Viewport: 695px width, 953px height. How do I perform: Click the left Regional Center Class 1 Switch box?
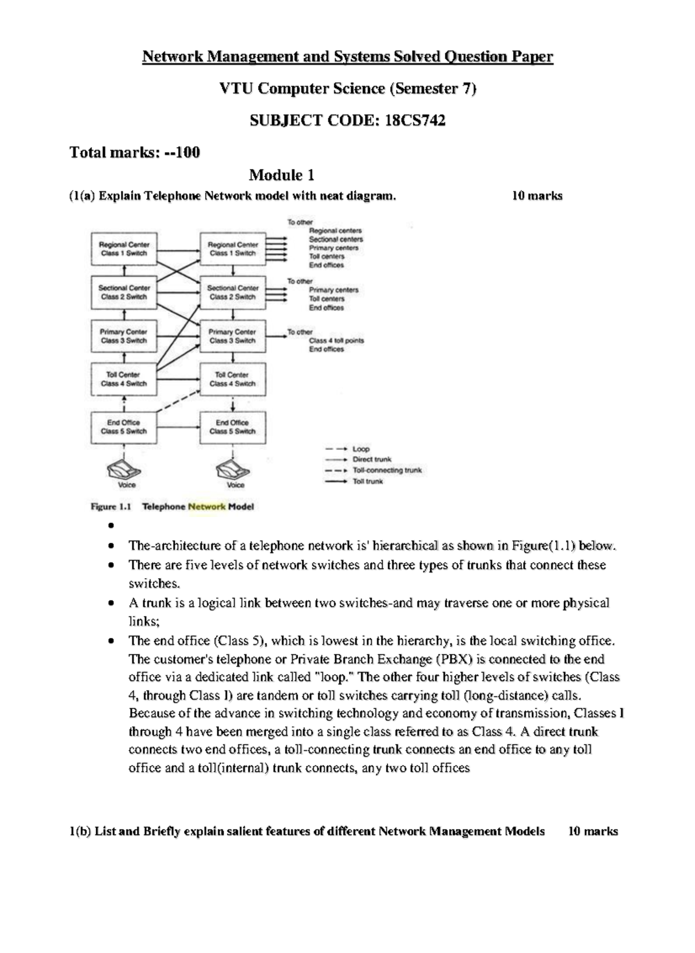[x=124, y=249]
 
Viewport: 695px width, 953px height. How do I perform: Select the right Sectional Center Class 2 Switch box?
[x=233, y=292]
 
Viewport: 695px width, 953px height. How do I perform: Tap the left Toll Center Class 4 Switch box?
[x=124, y=379]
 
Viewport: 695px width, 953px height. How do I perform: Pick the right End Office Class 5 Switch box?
[x=233, y=427]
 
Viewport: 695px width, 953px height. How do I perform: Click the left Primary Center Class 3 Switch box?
[x=124, y=336]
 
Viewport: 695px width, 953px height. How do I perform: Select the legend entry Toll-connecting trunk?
[x=387, y=470]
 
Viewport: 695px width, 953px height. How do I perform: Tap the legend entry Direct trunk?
[x=372, y=459]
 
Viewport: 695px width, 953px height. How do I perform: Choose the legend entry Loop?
[x=361, y=449]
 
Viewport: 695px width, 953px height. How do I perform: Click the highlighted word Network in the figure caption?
[x=207, y=506]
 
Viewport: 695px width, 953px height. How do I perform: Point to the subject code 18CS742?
[x=415, y=121]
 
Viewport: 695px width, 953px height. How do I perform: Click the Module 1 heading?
[x=281, y=175]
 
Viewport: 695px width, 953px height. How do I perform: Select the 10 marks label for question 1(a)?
[x=537, y=196]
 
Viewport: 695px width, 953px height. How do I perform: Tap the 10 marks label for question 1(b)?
[x=593, y=831]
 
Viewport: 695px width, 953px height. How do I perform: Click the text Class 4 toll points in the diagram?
[x=336, y=341]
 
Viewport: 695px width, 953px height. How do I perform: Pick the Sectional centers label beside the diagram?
[x=336, y=239]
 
